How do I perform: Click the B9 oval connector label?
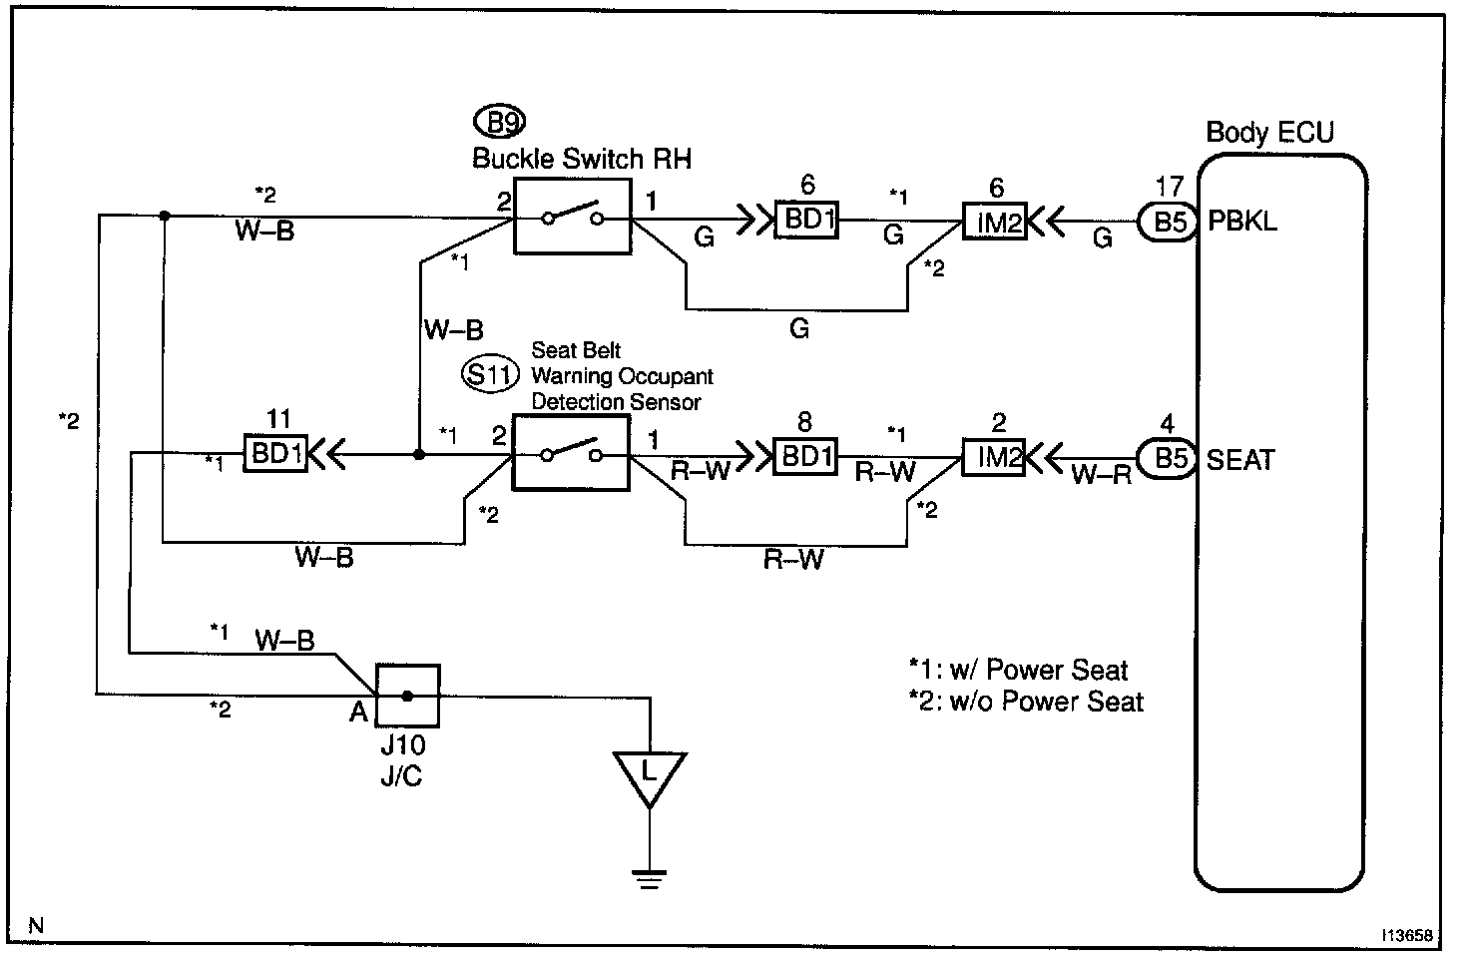(x=500, y=122)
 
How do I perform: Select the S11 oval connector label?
(x=490, y=375)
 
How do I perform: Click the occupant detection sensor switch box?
(x=571, y=454)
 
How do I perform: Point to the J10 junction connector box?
(x=407, y=696)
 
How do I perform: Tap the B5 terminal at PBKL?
(x=1168, y=222)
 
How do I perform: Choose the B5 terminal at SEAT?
(x=1168, y=458)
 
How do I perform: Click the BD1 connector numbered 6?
(x=807, y=220)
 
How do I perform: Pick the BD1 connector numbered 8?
(x=805, y=456)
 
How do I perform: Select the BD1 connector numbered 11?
(x=276, y=454)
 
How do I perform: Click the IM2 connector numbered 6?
(x=994, y=222)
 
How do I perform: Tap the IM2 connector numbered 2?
(x=994, y=458)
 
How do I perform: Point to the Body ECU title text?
(x=1269, y=133)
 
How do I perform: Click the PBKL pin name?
(x=1242, y=222)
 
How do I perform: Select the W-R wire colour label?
(x=1102, y=475)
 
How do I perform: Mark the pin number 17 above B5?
(x=1169, y=187)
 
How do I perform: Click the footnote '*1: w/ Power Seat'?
(x=1018, y=670)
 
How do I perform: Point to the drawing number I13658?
(x=1407, y=935)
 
